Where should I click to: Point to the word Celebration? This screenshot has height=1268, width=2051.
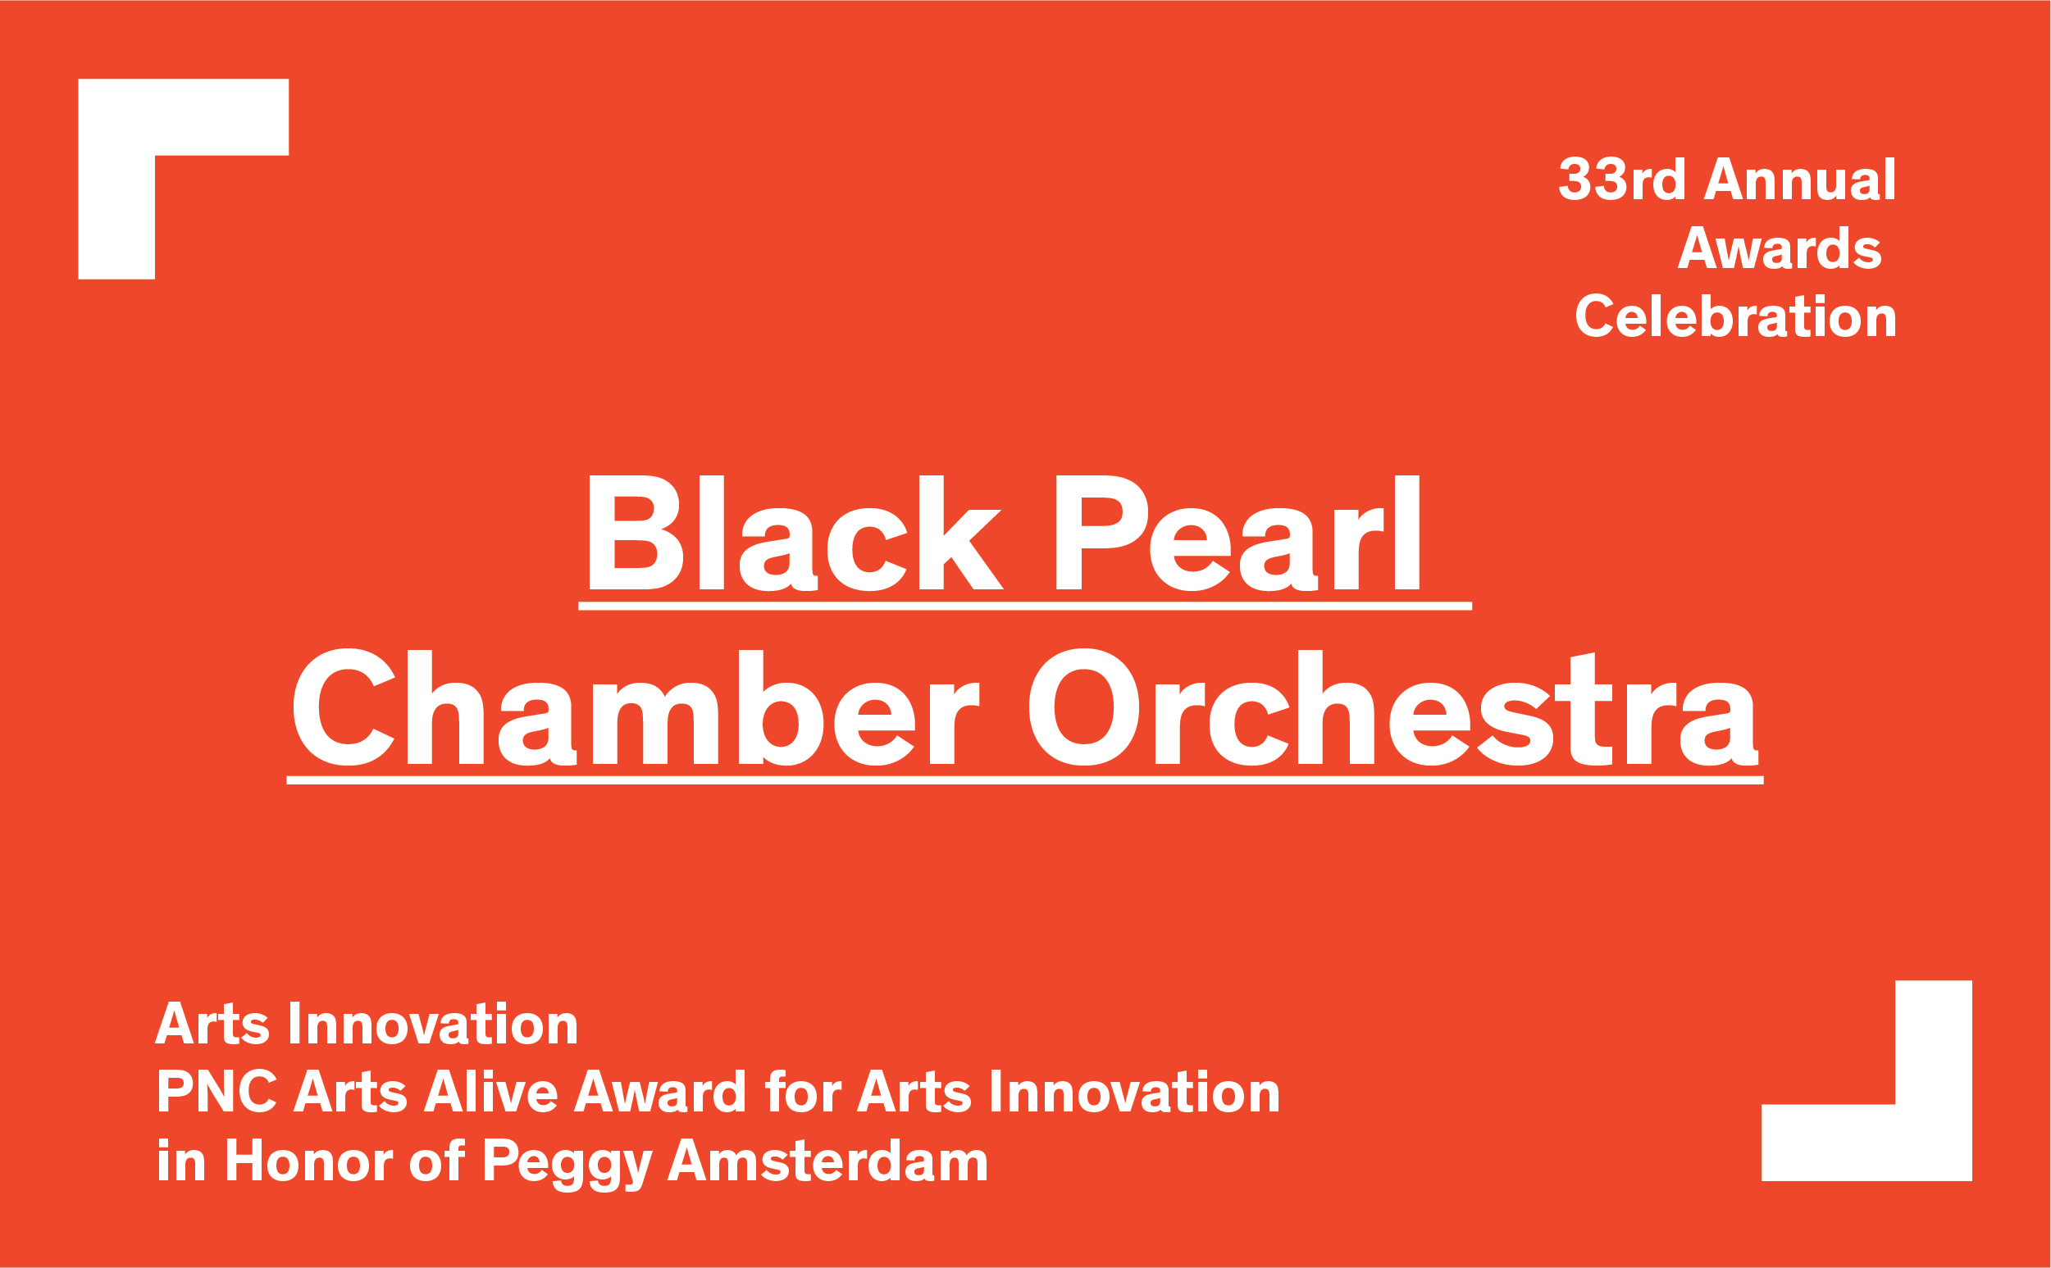[1735, 316]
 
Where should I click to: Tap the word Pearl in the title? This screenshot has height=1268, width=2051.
[1237, 533]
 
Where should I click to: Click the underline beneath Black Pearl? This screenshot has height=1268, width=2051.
[1025, 606]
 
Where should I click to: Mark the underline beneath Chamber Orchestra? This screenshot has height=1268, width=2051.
[1025, 780]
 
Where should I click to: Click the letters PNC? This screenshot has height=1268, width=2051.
[216, 1091]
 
